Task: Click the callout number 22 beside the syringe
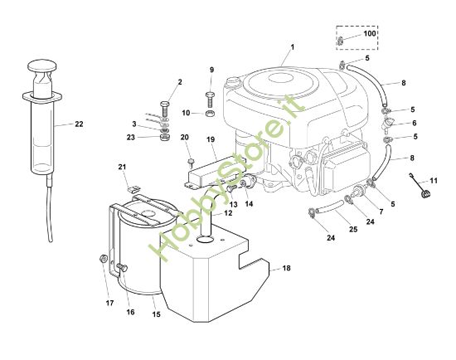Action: tap(79, 124)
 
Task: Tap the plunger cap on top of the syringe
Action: tap(45, 65)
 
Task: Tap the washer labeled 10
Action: tap(211, 112)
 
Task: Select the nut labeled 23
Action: tap(164, 137)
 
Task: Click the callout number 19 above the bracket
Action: tap(211, 140)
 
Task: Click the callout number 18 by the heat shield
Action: tap(287, 269)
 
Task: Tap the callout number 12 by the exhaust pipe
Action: tap(227, 213)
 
